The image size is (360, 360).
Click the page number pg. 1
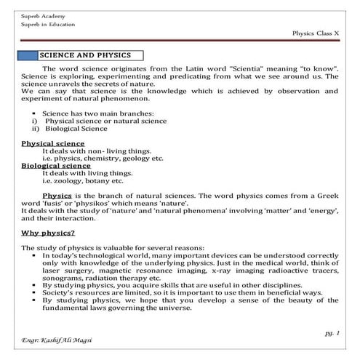[332, 331]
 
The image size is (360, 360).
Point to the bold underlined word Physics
[57, 195]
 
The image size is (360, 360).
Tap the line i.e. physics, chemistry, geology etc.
[97, 159]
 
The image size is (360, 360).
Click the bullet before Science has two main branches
[34, 115]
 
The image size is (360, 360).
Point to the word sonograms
[63, 277]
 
